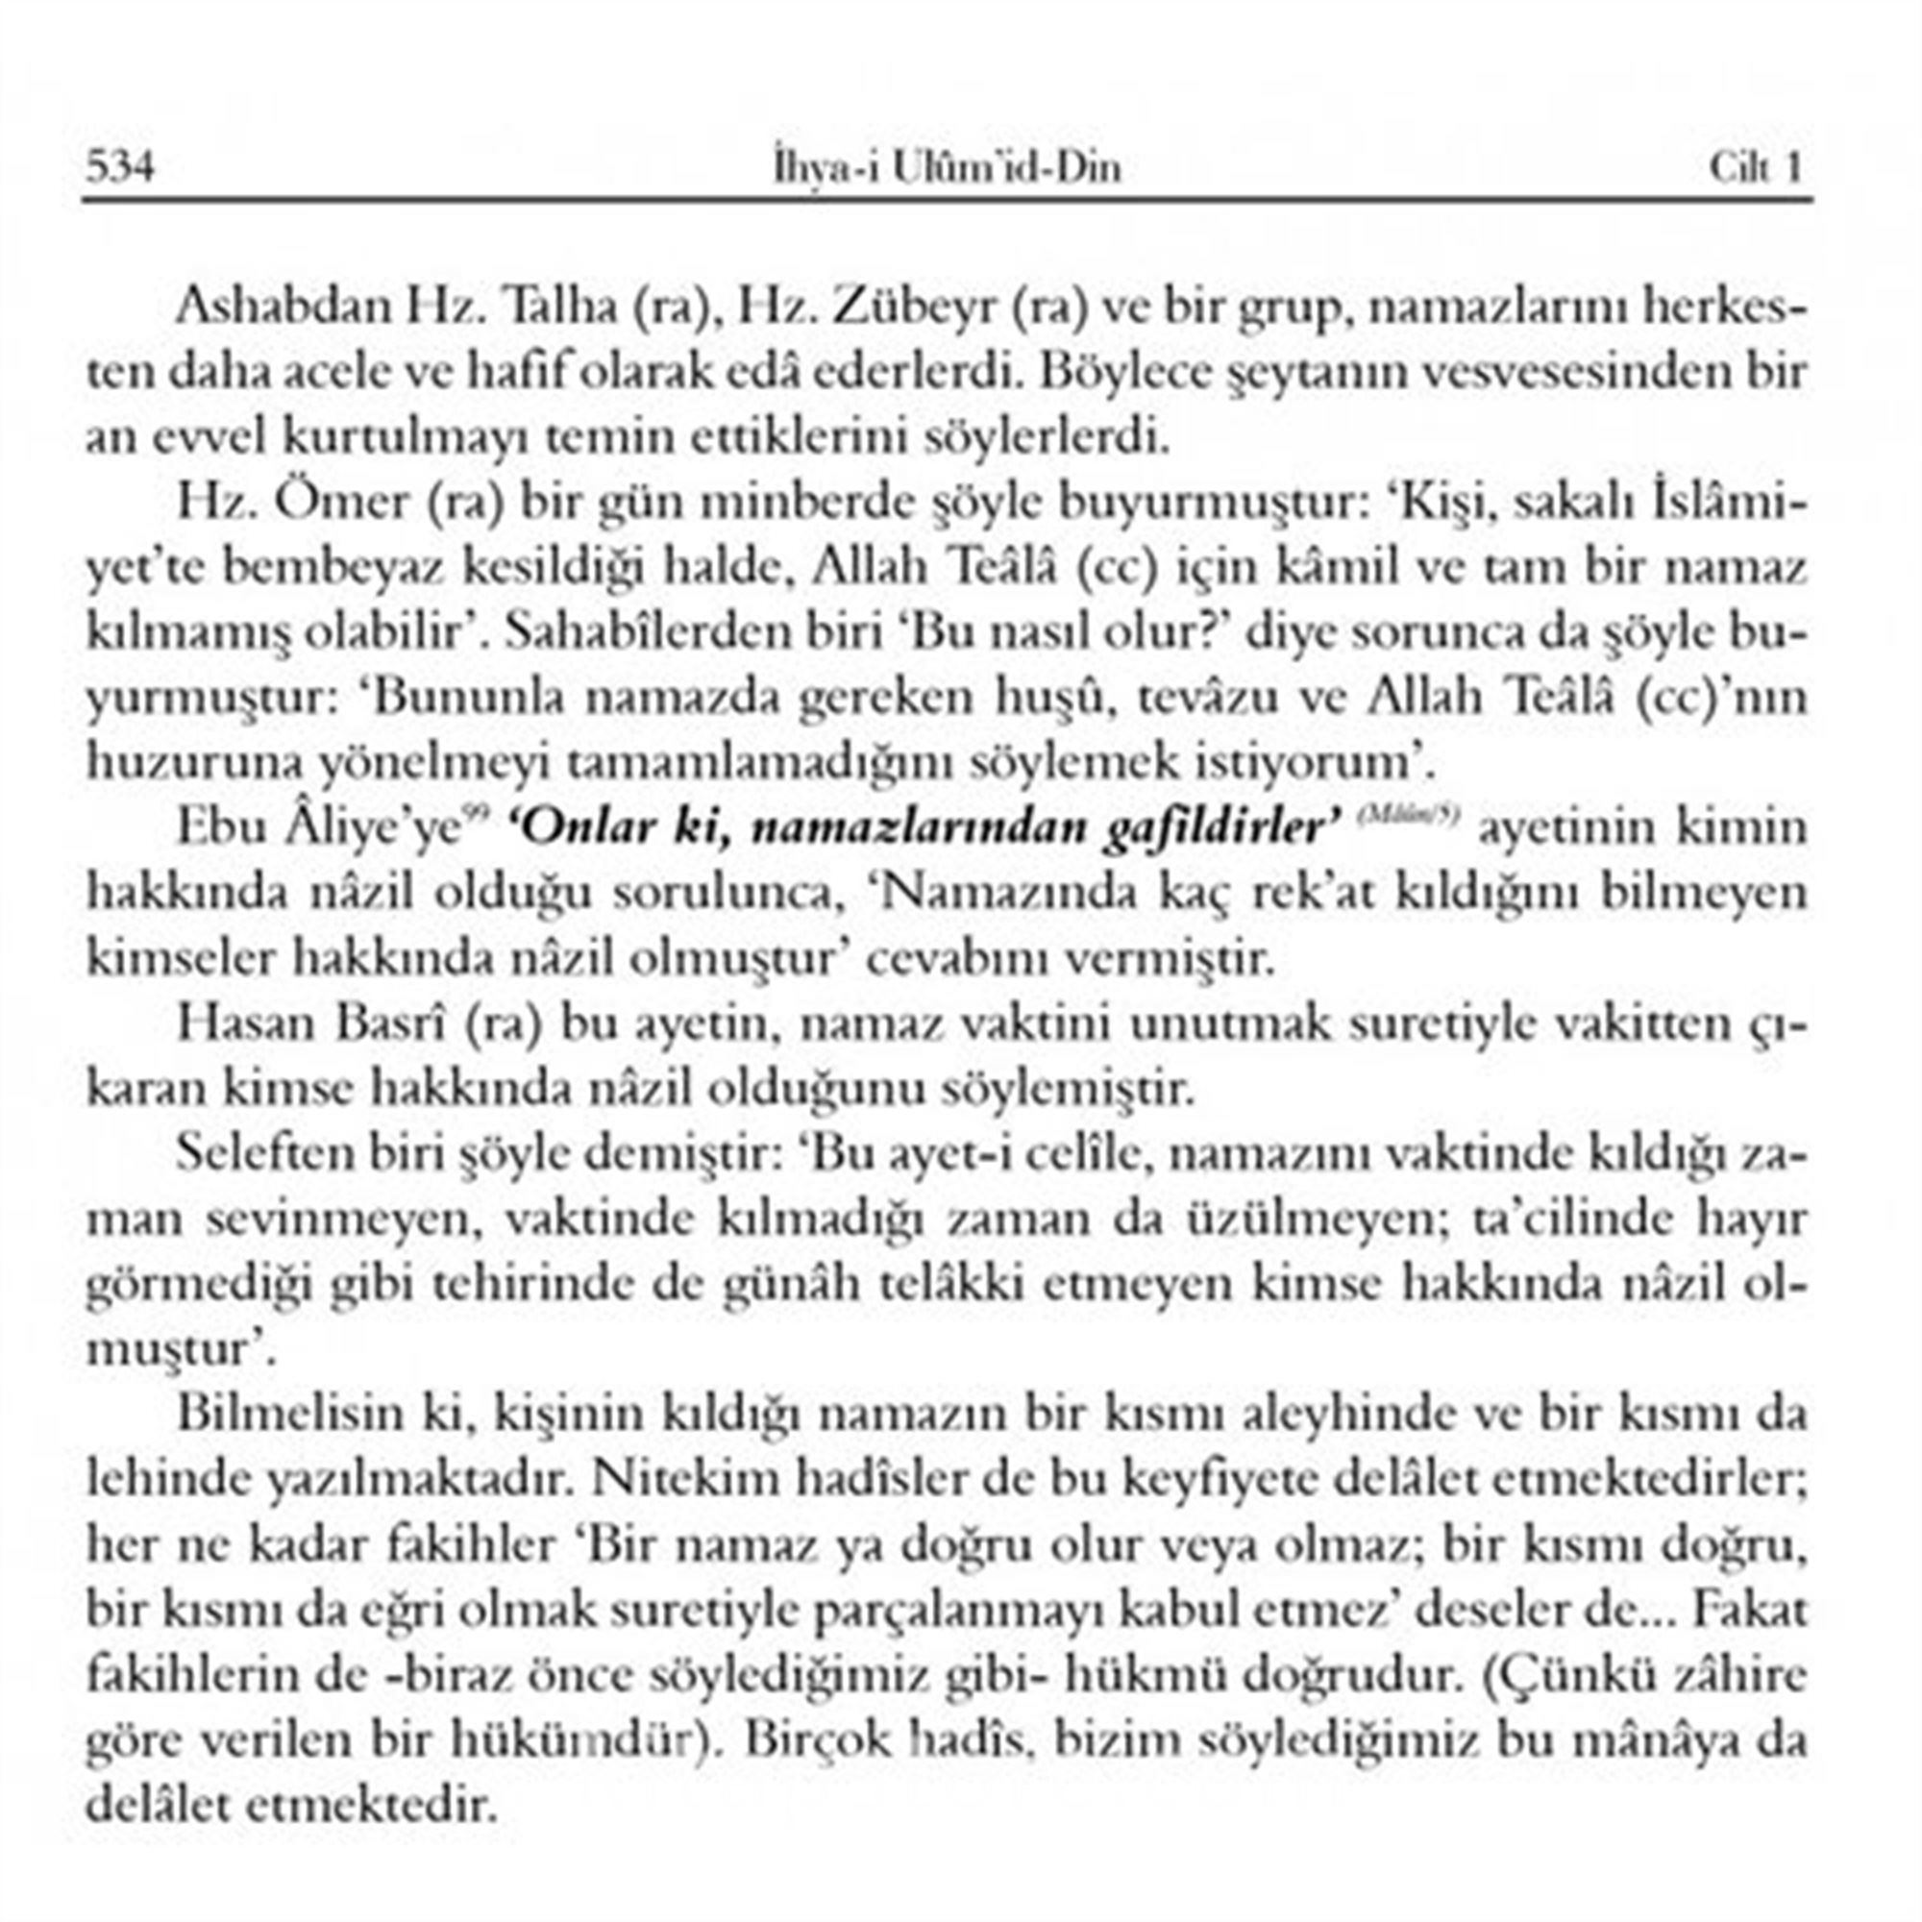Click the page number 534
pyautogui.click(x=120, y=166)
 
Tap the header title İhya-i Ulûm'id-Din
pyautogui.click(x=948, y=167)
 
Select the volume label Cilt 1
pyautogui.click(x=1756, y=167)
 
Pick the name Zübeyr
pyautogui.click(x=915, y=308)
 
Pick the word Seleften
pyautogui.click(x=265, y=1153)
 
